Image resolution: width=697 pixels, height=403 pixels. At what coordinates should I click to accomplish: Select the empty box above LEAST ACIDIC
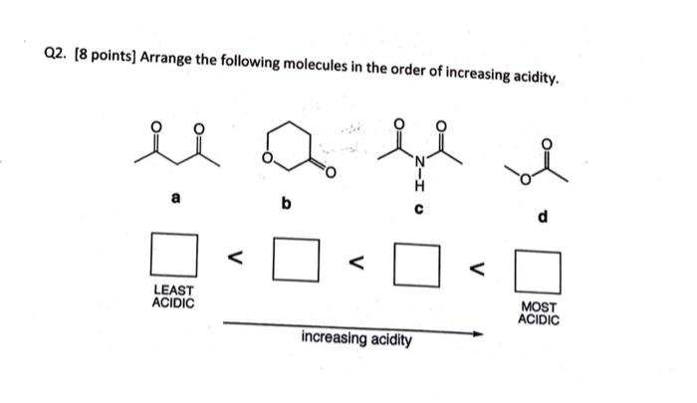[x=173, y=253]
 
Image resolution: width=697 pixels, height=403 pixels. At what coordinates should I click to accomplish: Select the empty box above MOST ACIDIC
[x=538, y=270]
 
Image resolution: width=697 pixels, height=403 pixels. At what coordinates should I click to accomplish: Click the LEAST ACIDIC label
[x=173, y=296]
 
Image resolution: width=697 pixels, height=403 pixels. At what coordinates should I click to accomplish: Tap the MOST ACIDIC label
[x=539, y=314]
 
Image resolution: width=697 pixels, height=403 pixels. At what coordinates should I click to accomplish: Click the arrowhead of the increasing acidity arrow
[x=476, y=333]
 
